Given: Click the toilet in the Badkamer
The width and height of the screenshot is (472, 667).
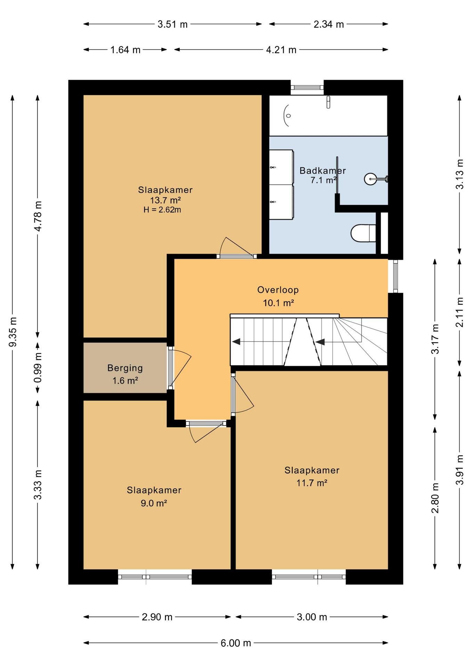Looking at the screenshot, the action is pyautogui.click(x=363, y=233).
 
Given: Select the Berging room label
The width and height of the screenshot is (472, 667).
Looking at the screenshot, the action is pyautogui.click(x=125, y=368).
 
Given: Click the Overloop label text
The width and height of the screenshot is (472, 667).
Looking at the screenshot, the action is pyautogui.click(x=278, y=290).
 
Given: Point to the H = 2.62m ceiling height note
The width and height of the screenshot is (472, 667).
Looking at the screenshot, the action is pyautogui.click(x=162, y=210).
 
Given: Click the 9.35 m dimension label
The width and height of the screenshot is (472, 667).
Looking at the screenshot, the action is pyautogui.click(x=13, y=332).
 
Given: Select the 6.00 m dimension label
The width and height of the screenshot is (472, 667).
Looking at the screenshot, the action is pyautogui.click(x=236, y=643).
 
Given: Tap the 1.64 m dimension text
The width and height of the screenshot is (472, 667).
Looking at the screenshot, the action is pyautogui.click(x=125, y=50).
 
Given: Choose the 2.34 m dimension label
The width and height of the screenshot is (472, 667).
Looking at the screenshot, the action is pyautogui.click(x=329, y=24).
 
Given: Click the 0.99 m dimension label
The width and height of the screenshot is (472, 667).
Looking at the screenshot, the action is pyautogui.click(x=38, y=368).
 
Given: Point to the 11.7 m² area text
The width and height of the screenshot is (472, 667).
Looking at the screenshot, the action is pyautogui.click(x=312, y=483).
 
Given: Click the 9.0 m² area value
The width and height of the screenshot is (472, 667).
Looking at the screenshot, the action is pyautogui.click(x=154, y=503).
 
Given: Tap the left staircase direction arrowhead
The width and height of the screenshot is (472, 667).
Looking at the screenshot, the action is pyautogui.click(x=236, y=341).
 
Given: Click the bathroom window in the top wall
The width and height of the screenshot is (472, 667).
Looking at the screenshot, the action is pyautogui.click(x=307, y=88).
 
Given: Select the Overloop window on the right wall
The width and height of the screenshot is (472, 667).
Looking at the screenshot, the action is pyautogui.click(x=395, y=276).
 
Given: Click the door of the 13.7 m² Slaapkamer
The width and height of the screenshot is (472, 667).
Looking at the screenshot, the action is pyautogui.click(x=236, y=248).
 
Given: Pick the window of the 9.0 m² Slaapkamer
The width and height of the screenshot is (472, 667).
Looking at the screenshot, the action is pyautogui.click(x=155, y=577).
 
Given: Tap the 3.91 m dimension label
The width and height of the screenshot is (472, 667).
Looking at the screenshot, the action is pyautogui.click(x=460, y=470).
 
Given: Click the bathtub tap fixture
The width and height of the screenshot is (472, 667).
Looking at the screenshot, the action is pyautogui.click(x=328, y=102).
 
